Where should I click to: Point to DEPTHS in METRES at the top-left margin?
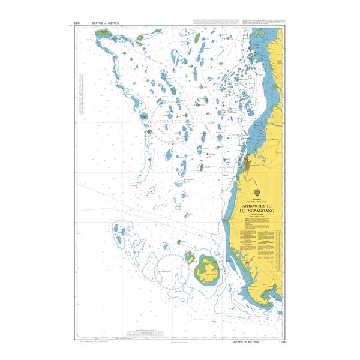coord(106,23)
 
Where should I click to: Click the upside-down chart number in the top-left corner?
coord(77,23)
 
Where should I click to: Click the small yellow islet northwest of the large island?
coord(190,257)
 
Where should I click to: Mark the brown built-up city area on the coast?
coord(247,163)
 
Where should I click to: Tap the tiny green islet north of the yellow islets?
coord(179,242)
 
